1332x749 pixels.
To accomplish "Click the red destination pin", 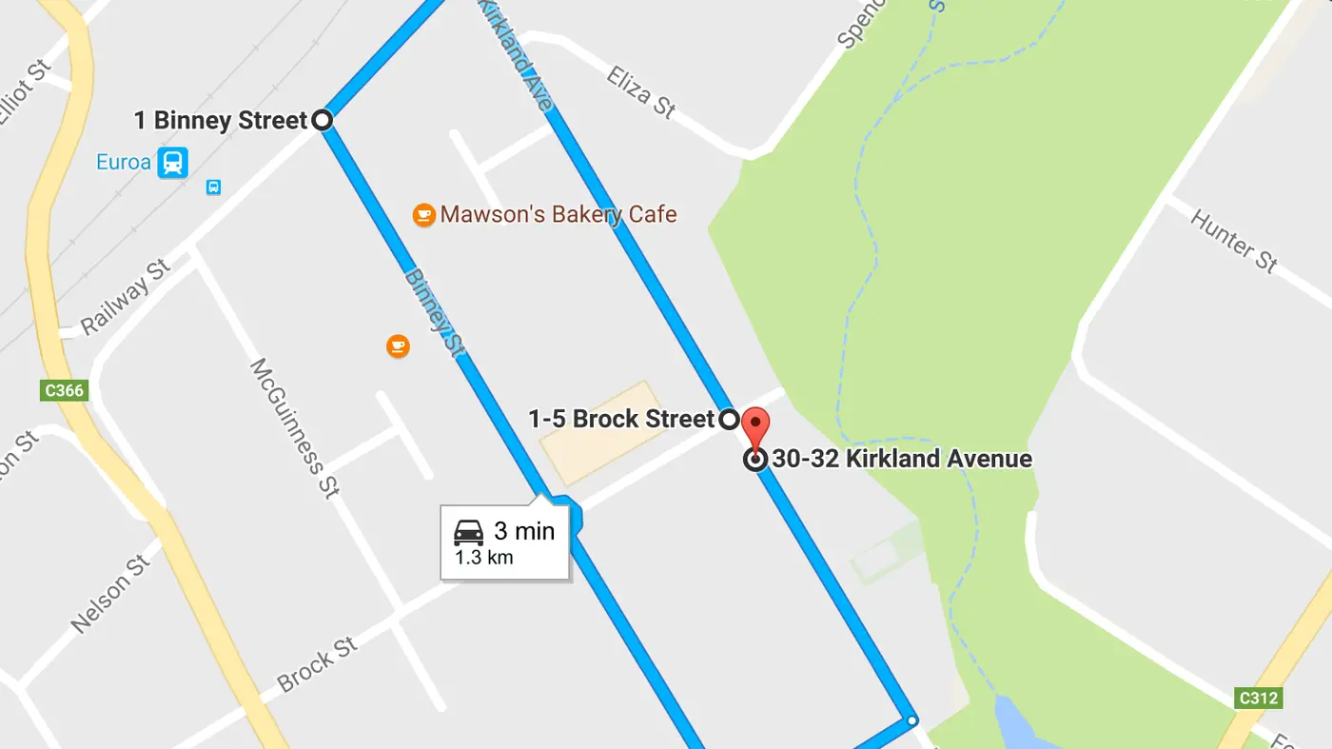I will [754, 424].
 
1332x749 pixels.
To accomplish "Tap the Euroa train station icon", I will [172, 162].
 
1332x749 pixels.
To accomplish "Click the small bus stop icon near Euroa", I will [213, 187].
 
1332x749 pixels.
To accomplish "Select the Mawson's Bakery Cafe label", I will [558, 214].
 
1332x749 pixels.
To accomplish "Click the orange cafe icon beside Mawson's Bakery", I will [423, 215].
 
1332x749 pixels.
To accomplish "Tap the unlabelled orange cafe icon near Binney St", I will [398, 345].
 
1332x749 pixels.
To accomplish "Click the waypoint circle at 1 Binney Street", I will [323, 120].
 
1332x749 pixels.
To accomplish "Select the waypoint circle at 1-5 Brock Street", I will [728, 419].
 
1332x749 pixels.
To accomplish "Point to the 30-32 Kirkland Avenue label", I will [901, 459].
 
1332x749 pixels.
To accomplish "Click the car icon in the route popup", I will [469, 532].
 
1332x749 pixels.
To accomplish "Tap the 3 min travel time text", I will [523, 531].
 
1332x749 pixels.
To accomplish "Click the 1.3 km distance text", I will [483, 558].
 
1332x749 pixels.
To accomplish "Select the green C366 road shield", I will [64, 390].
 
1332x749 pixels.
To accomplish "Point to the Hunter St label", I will [1233, 242].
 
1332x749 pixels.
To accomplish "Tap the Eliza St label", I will [641, 92].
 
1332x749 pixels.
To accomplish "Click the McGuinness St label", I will [293, 427].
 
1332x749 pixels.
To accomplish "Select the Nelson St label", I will [111, 594].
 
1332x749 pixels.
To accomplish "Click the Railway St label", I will [126, 296].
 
